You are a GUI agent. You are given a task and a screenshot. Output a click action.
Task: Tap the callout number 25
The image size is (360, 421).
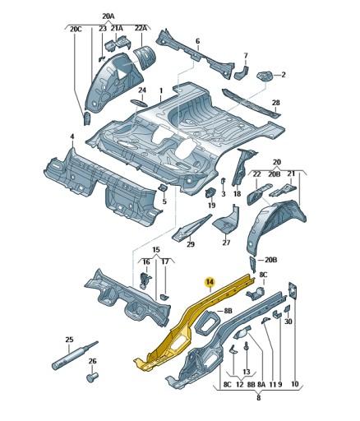tap(69, 340)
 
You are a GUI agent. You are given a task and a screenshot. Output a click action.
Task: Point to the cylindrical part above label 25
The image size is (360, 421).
tap(69, 357)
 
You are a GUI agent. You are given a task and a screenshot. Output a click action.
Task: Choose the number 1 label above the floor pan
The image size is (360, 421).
tap(161, 90)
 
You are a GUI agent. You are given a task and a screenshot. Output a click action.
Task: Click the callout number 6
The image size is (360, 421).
tap(197, 40)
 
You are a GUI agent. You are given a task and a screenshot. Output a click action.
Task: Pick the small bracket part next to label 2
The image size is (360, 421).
tap(265, 76)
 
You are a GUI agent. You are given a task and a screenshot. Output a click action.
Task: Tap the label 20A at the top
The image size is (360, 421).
tap(109, 16)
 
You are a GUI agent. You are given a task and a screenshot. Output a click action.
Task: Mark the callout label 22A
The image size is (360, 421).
tap(141, 29)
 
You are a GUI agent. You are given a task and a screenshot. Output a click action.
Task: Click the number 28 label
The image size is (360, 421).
tap(276, 103)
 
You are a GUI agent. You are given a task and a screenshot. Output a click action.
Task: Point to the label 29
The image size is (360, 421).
tap(191, 244)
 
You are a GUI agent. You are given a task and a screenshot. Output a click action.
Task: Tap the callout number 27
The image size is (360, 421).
tap(226, 243)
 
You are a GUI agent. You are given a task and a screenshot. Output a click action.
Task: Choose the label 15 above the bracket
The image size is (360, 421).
tap(155, 249)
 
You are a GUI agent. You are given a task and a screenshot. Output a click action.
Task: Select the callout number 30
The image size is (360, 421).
tap(288, 322)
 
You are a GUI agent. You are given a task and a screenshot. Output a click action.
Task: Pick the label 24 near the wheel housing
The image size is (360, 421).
tap(141, 90)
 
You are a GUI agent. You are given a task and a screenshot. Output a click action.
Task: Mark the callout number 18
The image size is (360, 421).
tap(237, 194)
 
